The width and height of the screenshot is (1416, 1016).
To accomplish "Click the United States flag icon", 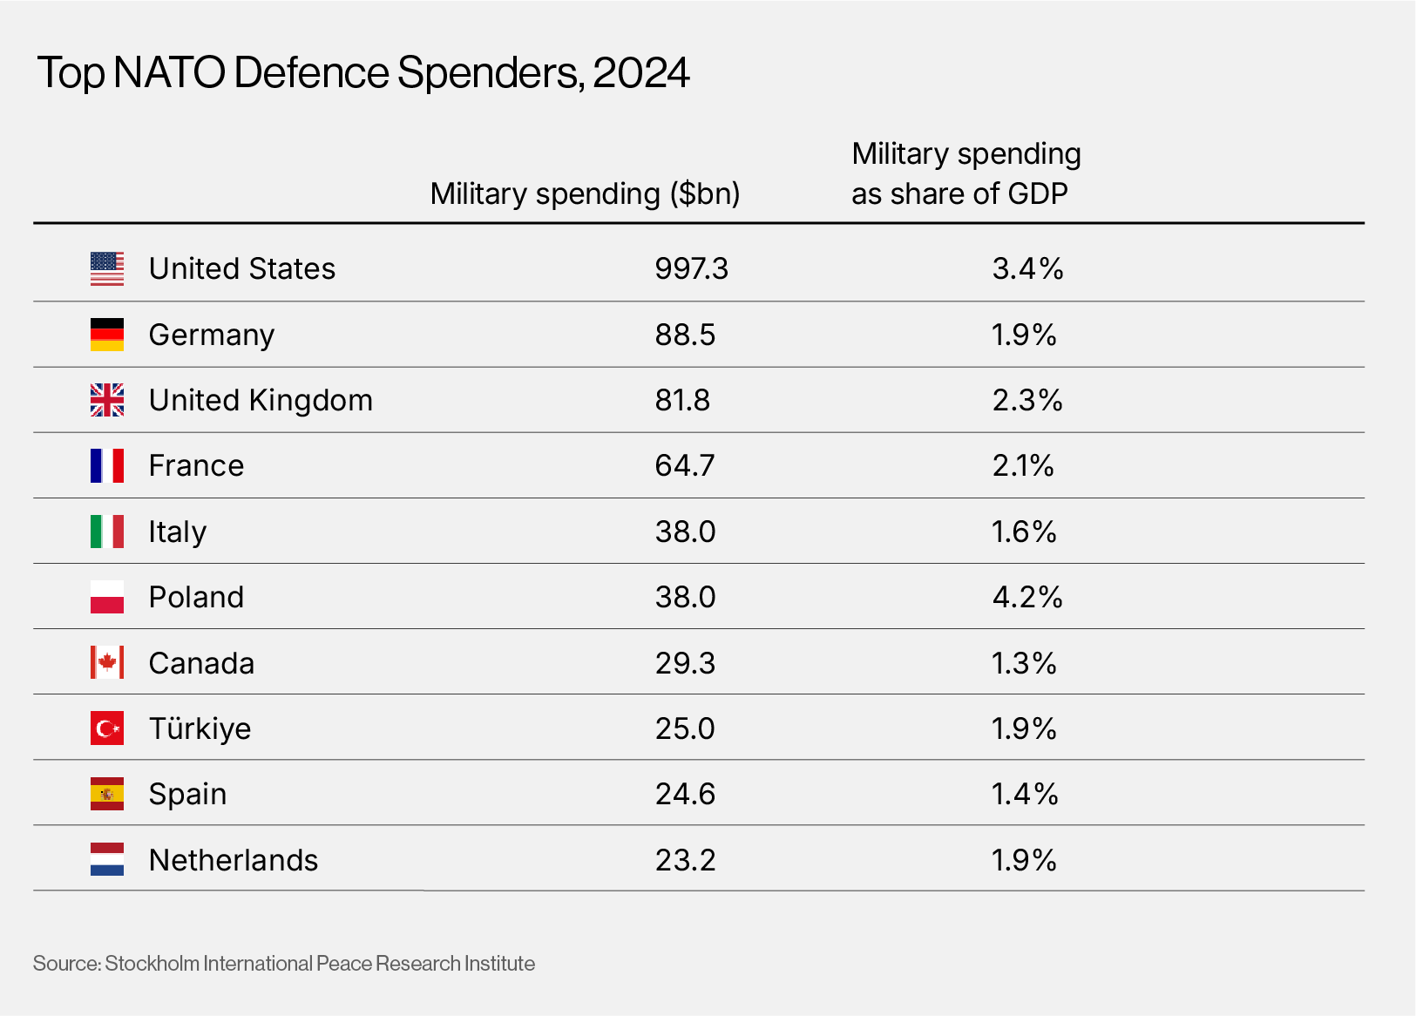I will pyautogui.click(x=107, y=268).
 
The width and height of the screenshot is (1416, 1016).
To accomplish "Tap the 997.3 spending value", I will pyautogui.click(x=691, y=268).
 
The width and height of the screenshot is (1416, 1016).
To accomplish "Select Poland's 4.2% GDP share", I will pyautogui.click(x=1027, y=597).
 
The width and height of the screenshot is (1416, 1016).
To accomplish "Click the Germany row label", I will pyautogui.click(x=212, y=335).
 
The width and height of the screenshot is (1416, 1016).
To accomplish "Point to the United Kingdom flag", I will pyautogui.click(x=107, y=400).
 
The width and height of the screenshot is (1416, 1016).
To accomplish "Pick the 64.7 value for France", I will pyautogui.click(x=685, y=465).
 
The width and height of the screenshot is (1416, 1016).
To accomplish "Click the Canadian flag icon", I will pyautogui.click(x=107, y=662).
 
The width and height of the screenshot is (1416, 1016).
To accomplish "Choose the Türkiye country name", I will pyautogui.click(x=200, y=728).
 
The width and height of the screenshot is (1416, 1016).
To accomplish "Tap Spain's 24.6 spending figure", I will pyautogui.click(x=685, y=794).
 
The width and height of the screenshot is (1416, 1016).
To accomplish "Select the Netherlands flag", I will pyautogui.click(x=107, y=859).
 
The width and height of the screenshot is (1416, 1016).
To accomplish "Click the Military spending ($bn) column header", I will pyautogui.click(x=585, y=193).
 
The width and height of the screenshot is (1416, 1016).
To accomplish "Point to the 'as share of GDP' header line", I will pyautogui.click(x=959, y=193).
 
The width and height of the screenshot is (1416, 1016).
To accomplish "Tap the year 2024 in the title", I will pyautogui.click(x=640, y=72).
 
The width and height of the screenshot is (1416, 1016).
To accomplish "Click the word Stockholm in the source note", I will pyautogui.click(x=152, y=964).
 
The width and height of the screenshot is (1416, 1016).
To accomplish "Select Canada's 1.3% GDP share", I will pyautogui.click(x=1024, y=663).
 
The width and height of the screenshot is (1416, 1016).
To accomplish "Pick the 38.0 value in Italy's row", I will pyautogui.click(x=685, y=532).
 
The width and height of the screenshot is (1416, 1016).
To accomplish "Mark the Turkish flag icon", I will pyautogui.click(x=107, y=728).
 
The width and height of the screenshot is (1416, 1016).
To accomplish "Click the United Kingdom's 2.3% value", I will pyautogui.click(x=1027, y=400).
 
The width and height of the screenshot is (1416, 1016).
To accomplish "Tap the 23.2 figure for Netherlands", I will pyautogui.click(x=685, y=860).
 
